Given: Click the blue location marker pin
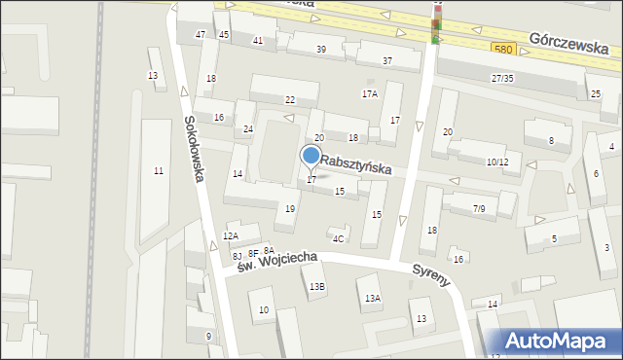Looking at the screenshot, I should pos(311,157).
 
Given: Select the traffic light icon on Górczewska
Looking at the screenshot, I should pos(436,23).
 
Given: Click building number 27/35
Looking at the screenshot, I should pos(502,78).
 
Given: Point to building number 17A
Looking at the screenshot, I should pos(369,94).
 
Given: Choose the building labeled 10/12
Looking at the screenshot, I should pos(496,162).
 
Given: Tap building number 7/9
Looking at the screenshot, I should pos(478,209).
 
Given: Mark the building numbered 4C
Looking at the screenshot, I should pos(338,238).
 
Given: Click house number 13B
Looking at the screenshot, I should pos(317,286).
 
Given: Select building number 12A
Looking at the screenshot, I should pos(231,236).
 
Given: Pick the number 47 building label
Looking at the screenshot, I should pos(201,34).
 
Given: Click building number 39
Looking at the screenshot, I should pos(320,49).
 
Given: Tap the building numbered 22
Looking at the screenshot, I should pos(289,100).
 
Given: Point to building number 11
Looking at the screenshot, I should pos(158,171).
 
